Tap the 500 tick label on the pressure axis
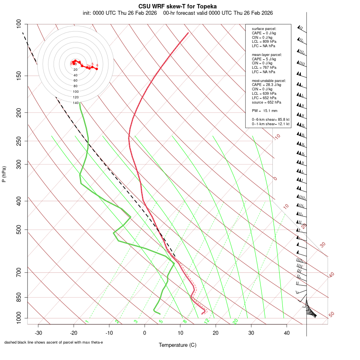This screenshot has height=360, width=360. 18,230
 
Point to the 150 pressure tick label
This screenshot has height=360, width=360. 18,76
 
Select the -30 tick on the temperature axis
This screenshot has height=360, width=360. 38,333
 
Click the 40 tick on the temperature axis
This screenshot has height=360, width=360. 286,333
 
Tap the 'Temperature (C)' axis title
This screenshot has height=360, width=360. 177,345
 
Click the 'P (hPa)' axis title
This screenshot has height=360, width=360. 4,174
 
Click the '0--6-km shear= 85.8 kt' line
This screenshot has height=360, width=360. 271,120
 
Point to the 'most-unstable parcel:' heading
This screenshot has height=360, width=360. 267,80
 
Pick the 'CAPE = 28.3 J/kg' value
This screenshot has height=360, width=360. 266,85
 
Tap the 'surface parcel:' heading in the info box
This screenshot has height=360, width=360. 264,29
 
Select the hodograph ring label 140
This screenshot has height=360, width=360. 76,103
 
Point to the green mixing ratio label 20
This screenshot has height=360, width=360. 235,321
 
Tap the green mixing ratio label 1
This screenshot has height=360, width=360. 87,322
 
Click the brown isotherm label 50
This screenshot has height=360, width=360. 331,315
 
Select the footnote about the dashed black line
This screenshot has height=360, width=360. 54,342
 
